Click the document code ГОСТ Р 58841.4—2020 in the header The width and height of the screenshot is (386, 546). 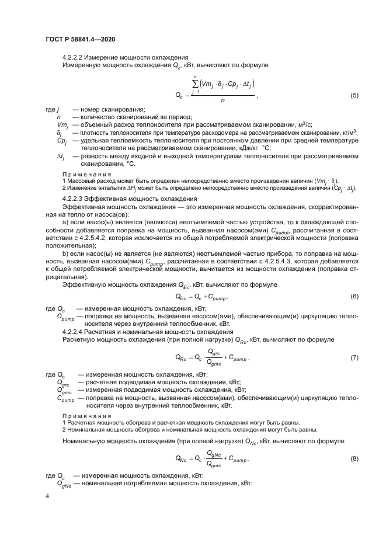(x=75, y=39)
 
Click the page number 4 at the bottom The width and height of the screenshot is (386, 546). (x=48, y=495)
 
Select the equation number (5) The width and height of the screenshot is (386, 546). (x=354, y=95)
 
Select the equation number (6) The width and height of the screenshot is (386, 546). (x=354, y=297)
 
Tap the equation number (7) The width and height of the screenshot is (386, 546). (x=354, y=357)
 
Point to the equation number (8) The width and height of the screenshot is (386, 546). (x=354, y=459)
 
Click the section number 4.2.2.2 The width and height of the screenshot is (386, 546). (x=75, y=57)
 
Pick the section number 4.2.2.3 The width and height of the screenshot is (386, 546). (x=75, y=199)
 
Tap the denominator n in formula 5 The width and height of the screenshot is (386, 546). (x=222, y=100)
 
